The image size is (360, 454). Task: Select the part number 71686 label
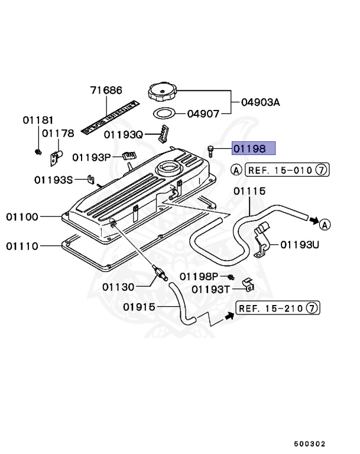coord(106,90)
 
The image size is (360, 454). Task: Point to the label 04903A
coord(260,102)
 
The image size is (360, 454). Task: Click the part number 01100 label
coord(23,217)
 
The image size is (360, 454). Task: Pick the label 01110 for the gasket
coord(23,246)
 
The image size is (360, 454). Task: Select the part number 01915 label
coord(139,307)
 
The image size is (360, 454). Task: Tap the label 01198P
coord(199,277)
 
